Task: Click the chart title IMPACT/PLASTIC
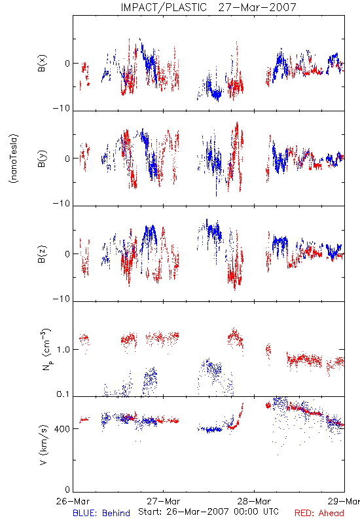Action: pos(164,7)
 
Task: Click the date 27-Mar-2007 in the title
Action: pos(257,7)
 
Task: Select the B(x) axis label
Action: pos(42,63)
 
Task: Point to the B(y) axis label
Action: pos(42,159)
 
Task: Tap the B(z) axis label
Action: pos(42,254)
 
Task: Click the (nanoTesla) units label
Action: pos(14,159)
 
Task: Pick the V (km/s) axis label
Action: pos(43,445)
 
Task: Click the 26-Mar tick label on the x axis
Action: pos(73,501)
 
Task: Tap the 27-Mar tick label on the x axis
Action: pos(164,501)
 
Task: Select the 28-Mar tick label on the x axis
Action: pos(254,501)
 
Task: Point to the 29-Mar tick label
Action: pos(344,501)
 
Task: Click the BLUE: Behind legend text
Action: pos(101,513)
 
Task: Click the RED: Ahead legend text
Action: pos(319,513)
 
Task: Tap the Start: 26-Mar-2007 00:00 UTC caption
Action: pos(208,512)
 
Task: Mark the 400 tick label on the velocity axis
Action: pos(62,429)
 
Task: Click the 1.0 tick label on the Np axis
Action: pos(63,350)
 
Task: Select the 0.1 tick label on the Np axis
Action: pos(63,394)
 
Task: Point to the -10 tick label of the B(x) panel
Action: pos(62,108)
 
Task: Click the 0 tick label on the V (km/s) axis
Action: pos(67,489)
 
